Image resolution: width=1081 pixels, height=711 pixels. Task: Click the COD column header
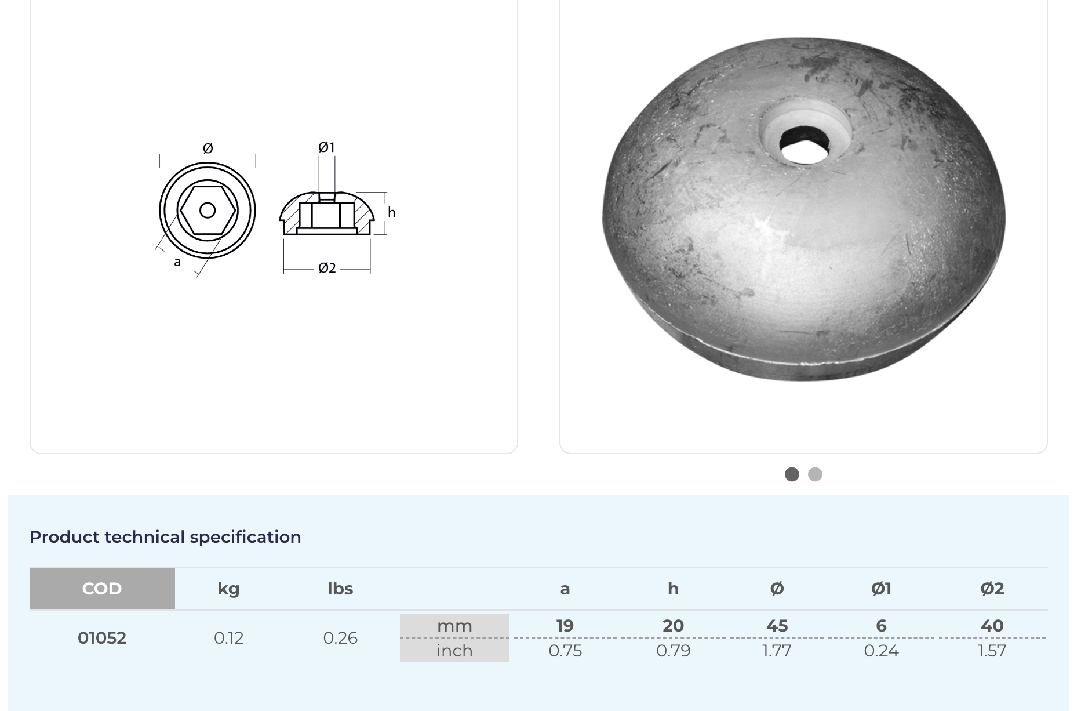[x=102, y=589]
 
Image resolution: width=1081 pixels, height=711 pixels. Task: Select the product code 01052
[x=102, y=638]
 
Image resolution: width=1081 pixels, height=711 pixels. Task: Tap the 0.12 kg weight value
[x=229, y=638]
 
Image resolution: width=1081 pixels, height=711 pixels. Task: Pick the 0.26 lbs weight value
[x=340, y=638]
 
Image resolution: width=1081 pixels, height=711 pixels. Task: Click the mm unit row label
[x=454, y=626]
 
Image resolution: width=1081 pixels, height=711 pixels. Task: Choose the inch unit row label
[x=454, y=651]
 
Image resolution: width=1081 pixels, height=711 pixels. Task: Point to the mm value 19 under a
[x=565, y=626]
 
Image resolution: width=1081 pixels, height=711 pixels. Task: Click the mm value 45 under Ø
[x=777, y=626]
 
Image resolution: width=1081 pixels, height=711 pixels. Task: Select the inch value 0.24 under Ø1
[x=881, y=651]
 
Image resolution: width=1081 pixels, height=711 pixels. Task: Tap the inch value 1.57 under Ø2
[x=992, y=651]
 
